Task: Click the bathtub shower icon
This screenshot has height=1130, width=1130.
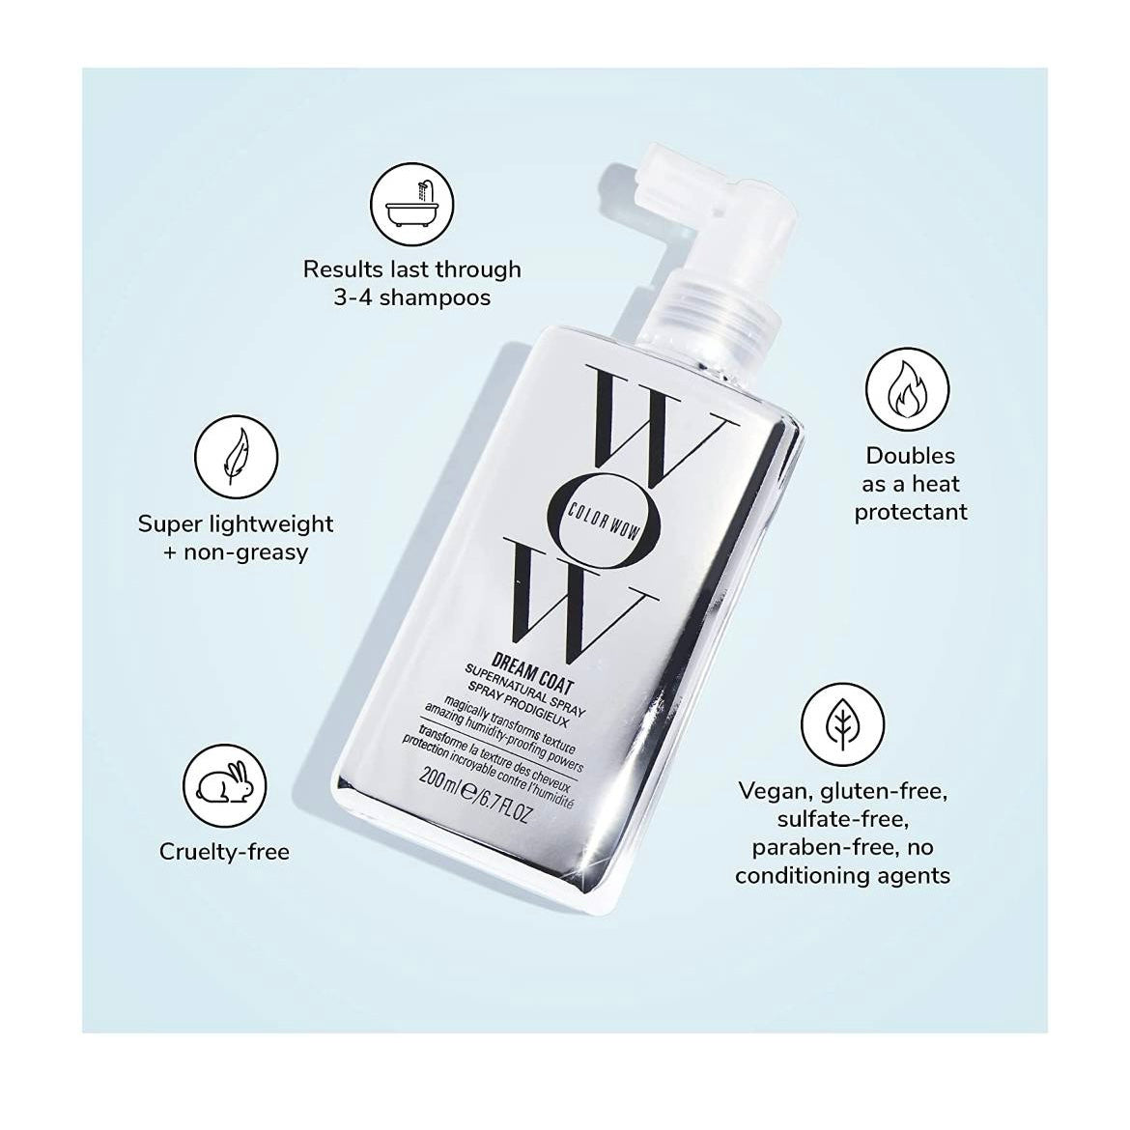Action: pyautogui.click(x=412, y=204)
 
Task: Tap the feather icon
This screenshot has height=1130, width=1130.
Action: pyautogui.click(x=236, y=457)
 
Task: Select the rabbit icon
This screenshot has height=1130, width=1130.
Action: pyautogui.click(x=224, y=786)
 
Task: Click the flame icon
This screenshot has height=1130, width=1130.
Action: pyautogui.click(x=907, y=389)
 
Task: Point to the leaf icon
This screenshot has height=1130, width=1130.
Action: pyautogui.click(x=842, y=724)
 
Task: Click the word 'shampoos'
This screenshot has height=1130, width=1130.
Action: pyautogui.click(x=435, y=297)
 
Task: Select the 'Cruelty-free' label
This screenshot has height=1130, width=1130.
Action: pyautogui.click(x=224, y=852)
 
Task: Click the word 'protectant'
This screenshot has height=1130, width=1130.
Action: pyautogui.click(x=910, y=513)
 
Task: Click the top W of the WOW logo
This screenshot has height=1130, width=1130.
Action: pyautogui.click(x=660, y=420)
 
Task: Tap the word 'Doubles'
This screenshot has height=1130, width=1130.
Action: pyautogui.click(x=910, y=456)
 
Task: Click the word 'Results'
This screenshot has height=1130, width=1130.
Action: pyautogui.click(x=343, y=268)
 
